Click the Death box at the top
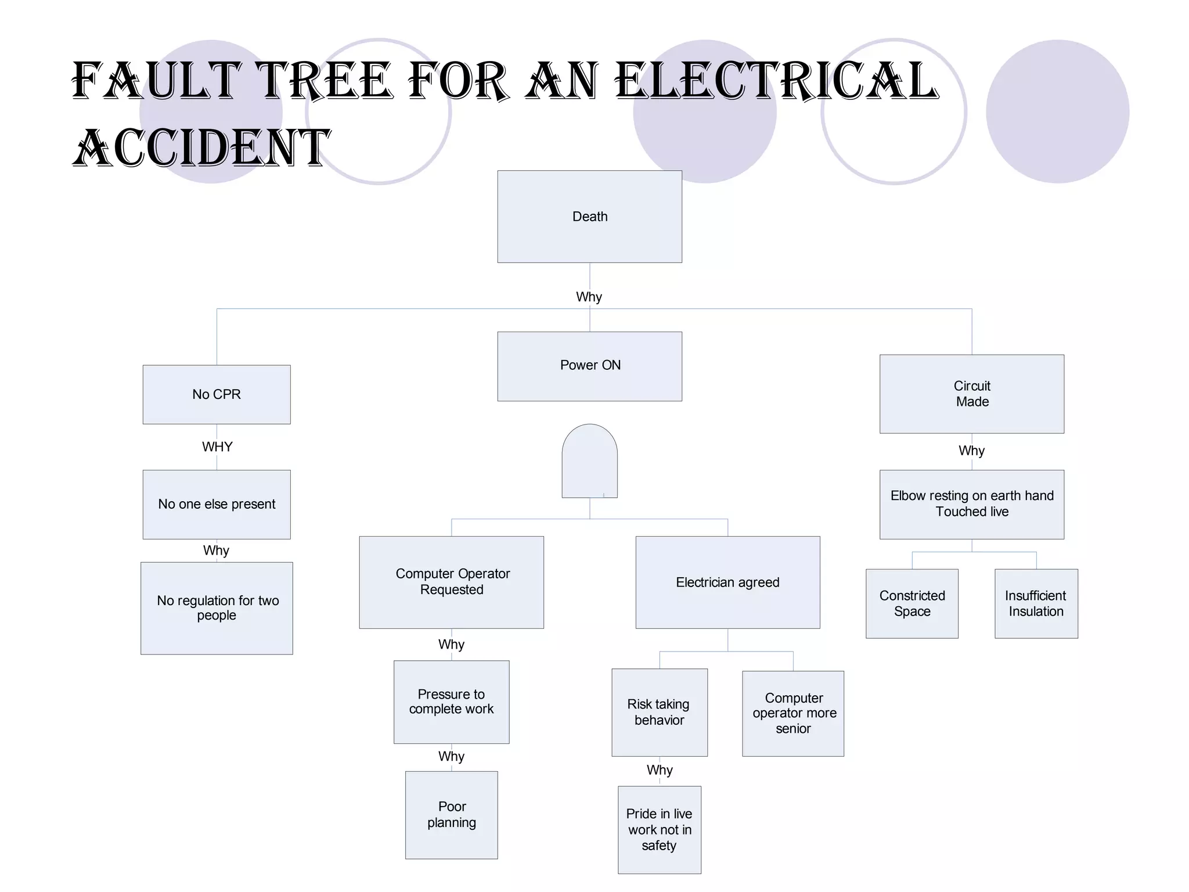589,217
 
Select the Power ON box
589,366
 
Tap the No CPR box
217,394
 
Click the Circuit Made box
971,394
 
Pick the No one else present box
217,504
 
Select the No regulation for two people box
217,607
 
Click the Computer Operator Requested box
451,582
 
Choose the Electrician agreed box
727,582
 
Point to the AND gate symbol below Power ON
589,461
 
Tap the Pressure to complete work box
451,702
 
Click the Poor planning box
451,814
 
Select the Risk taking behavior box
659,712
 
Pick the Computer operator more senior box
792,713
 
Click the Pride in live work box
659,829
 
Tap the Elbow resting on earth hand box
971,504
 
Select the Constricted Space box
911,603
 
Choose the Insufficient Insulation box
1036,603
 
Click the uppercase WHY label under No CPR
217,447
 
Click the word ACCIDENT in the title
202,148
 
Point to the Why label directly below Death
589,297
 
